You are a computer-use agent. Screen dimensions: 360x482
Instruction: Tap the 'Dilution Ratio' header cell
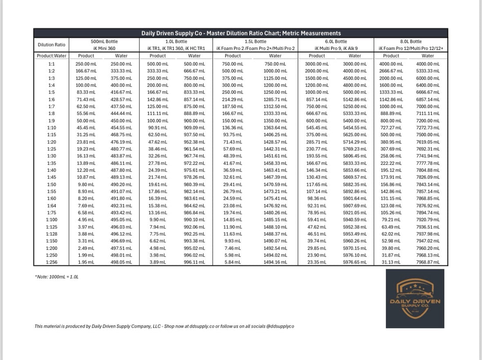(51, 45)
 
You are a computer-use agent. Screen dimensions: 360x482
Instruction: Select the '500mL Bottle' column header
(104, 42)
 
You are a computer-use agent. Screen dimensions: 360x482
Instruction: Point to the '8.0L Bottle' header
(411, 42)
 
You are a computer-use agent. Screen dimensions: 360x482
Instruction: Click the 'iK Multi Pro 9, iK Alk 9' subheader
(336, 48)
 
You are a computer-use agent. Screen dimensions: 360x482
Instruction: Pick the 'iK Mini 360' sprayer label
(104, 48)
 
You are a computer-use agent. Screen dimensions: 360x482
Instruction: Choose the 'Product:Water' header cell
(51, 56)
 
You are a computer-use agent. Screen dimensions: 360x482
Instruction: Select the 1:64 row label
(51, 206)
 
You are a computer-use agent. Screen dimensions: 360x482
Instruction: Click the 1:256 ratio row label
(51, 262)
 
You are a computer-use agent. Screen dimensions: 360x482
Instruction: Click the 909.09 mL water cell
(194, 128)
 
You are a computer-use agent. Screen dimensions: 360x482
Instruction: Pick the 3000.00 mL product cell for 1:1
(317, 64)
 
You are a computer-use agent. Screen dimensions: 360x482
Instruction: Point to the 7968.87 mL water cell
(427, 262)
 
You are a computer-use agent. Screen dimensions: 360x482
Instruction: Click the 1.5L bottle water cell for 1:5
(275, 92)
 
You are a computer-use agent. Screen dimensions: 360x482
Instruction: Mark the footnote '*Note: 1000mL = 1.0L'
(57, 277)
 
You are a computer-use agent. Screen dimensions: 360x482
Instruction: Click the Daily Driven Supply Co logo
(415, 298)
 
